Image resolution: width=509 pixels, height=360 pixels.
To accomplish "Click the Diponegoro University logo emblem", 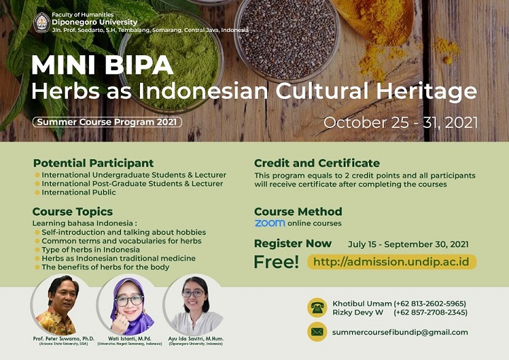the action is (x=42, y=23).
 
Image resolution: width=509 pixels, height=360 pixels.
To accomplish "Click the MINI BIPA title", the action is (x=103, y=65).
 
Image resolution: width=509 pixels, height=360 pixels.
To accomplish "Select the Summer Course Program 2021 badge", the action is (x=107, y=122).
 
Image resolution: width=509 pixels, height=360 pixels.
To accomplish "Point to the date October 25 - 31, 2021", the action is (x=401, y=123).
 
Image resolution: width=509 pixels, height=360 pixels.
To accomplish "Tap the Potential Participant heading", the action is (x=93, y=163).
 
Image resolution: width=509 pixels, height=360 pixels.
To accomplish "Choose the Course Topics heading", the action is (x=72, y=212).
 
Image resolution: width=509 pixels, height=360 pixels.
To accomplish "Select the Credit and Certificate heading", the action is (x=317, y=163).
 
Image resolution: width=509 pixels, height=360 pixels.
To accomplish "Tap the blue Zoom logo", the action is (x=270, y=223).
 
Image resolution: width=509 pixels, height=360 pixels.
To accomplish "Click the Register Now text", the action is (x=293, y=243).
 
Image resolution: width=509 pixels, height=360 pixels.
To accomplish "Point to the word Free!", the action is (x=276, y=262).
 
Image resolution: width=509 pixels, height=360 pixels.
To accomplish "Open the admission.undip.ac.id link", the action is (x=392, y=262).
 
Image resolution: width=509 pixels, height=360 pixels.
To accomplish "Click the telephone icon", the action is (x=317, y=308).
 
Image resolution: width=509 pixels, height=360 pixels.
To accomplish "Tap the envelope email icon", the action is (x=317, y=332).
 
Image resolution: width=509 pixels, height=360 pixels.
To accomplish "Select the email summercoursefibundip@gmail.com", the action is (x=400, y=332).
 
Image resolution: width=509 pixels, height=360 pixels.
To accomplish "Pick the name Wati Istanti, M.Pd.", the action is (x=129, y=339).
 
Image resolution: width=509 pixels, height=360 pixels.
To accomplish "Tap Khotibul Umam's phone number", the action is (x=430, y=304).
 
